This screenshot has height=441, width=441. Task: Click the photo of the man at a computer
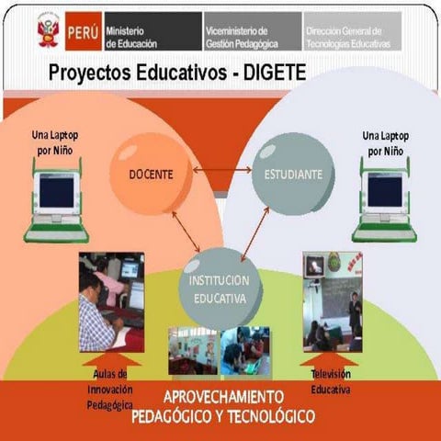110,300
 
